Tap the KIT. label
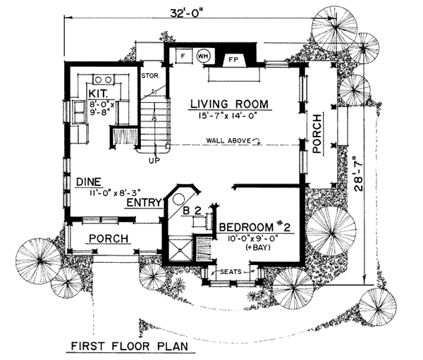tap(97, 92)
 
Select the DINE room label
tap(89, 181)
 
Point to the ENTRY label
tap(142, 203)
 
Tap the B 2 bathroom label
tap(195, 209)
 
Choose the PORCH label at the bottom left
tap(108, 239)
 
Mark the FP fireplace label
tap(231, 61)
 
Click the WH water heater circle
tap(203, 54)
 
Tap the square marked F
tap(182, 54)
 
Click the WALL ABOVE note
tap(229, 141)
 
